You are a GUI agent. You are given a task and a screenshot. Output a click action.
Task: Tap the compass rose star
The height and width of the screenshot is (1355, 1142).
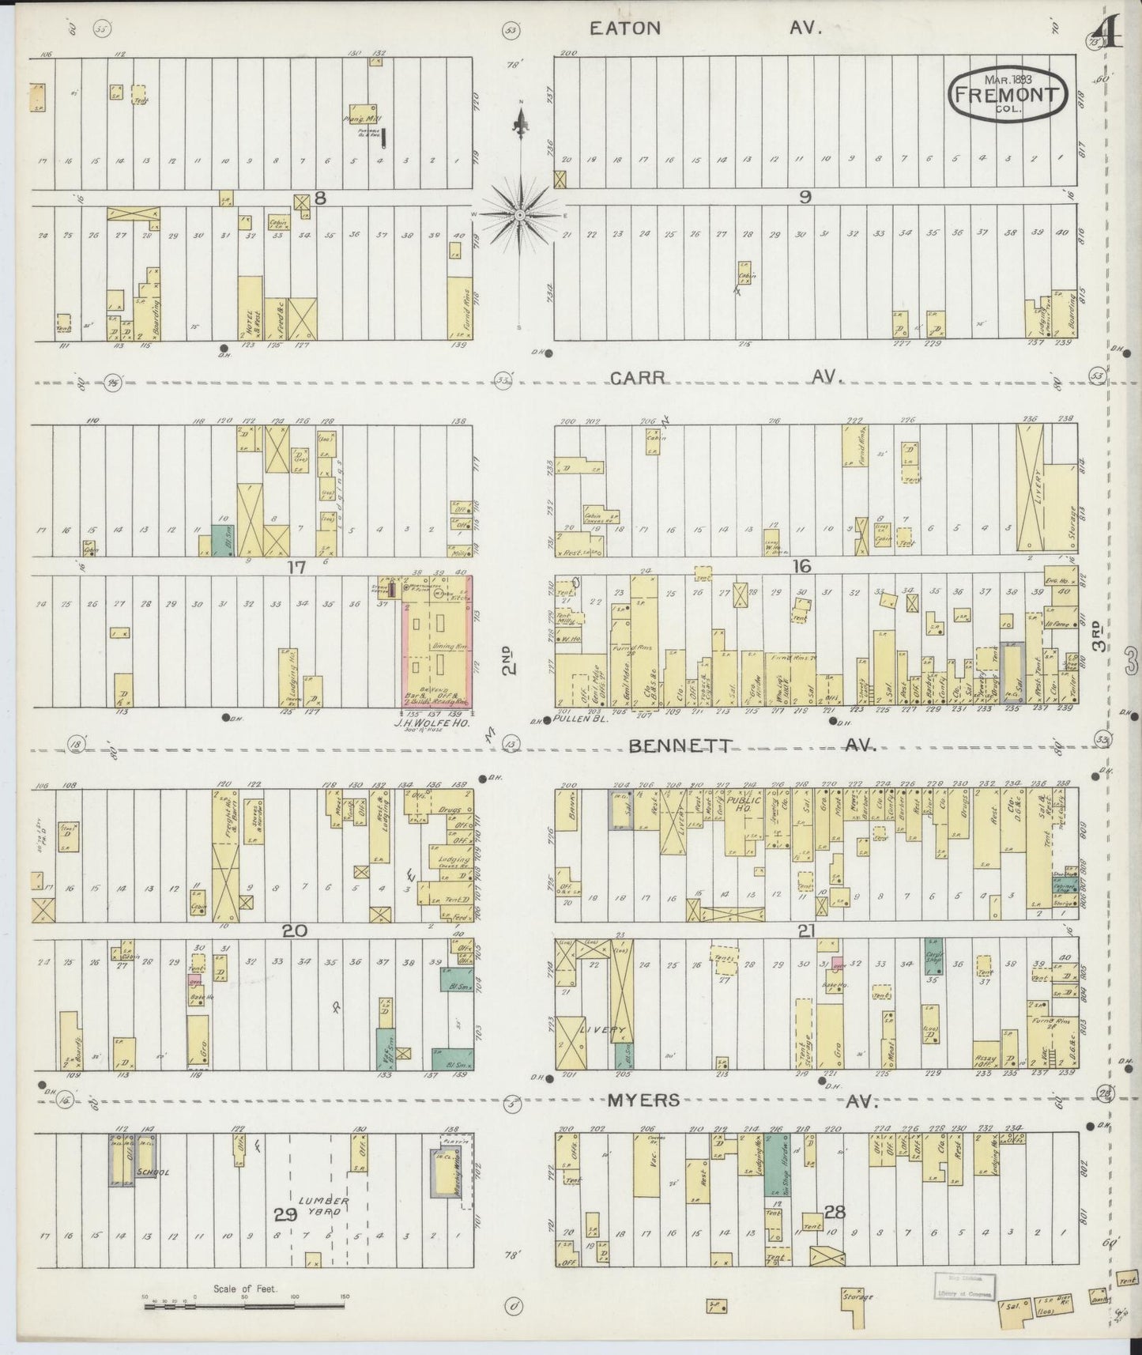pyautogui.click(x=520, y=214)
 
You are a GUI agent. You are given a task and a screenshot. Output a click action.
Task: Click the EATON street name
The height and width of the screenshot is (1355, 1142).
pyautogui.click(x=624, y=28)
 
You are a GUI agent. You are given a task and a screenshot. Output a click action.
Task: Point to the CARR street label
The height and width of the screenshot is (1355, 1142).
pyautogui.click(x=636, y=378)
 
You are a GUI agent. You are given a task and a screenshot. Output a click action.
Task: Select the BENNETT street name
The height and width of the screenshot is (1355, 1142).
pyautogui.click(x=682, y=745)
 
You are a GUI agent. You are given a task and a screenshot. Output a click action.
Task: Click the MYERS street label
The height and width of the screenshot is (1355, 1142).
pyautogui.click(x=643, y=1100)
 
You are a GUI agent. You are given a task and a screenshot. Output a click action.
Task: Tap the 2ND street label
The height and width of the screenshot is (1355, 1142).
pyautogui.click(x=511, y=660)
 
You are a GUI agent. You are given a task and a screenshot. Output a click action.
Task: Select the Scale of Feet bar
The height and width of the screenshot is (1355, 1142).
pyautogui.click(x=245, y=1307)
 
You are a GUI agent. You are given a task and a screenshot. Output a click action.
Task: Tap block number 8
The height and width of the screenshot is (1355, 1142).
pyautogui.click(x=319, y=198)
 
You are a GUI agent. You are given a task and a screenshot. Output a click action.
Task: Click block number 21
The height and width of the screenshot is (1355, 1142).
pyautogui.click(x=805, y=931)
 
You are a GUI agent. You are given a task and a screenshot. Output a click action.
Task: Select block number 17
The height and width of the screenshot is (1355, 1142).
pyautogui.click(x=296, y=566)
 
